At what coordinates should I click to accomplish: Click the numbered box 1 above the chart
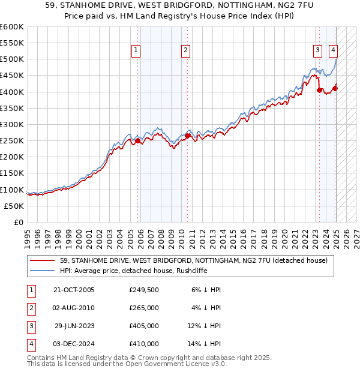137,51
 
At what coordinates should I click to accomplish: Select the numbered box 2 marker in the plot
186,51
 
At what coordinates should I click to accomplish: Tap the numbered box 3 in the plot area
317,51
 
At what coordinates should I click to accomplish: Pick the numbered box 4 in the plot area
333,51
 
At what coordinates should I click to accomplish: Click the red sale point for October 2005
137,141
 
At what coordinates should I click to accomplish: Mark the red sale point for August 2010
187,136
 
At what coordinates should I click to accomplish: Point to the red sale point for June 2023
319,91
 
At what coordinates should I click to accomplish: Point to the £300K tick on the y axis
12,124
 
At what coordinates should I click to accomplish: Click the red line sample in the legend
43,260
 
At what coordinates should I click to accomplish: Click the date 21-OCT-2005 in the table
74,290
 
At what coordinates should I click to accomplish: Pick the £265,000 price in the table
144,308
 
